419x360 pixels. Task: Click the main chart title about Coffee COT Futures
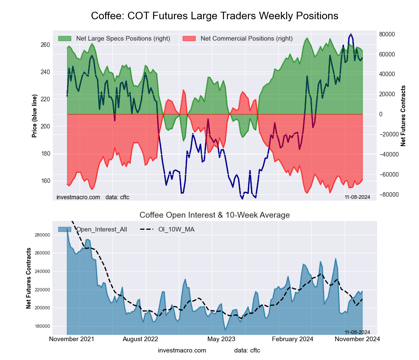click(x=215, y=16)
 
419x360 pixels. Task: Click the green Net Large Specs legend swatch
click(x=65, y=39)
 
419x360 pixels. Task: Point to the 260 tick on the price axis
click(x=45, y=45)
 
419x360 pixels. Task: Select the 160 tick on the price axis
click(x=45, y=181)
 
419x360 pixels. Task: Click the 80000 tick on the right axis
click(x=388, y=34)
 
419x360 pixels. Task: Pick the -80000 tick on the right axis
click(x=388, y=195)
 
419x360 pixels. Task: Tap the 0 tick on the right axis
click(x=381, y=114)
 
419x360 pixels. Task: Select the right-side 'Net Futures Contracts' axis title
click(x=403, y=116)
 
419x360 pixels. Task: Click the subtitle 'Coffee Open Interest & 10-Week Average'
click(x=215, y=215)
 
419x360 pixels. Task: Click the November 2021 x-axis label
click(x=72, y=339)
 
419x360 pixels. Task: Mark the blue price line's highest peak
click(x=351, y=34)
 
